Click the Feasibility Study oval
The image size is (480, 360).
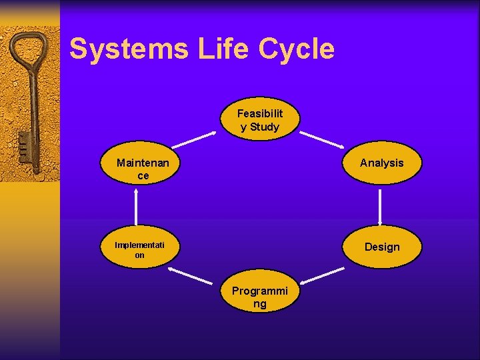click(260, 120)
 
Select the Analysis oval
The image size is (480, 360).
click(381, 163)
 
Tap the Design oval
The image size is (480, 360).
click(381, 247)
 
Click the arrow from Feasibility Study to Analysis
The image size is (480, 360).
click(322, 139)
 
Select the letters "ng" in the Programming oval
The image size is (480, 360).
click(259, 304)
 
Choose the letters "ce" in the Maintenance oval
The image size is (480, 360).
click(143, 176)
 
